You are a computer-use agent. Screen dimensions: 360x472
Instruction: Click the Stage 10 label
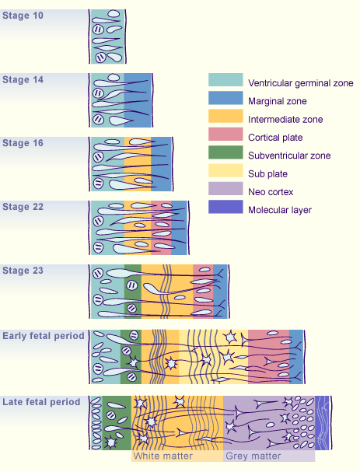click(x=23, y=16)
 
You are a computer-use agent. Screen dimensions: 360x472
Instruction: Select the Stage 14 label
click(x=23, y=79)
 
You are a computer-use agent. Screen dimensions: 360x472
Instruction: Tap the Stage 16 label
click(x=23, y=143)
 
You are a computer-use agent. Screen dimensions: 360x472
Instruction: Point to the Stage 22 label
click(x=23, y=207)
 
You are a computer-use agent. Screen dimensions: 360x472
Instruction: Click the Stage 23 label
click(x=23, y=271)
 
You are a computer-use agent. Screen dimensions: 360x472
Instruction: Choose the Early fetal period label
click(x=44, y=336)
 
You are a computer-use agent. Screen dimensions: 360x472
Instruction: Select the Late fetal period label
click(x=41, y=402)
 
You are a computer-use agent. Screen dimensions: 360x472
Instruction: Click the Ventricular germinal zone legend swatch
click(x=225, y=80)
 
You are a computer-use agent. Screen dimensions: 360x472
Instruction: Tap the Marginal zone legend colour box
click(x=225, y=98)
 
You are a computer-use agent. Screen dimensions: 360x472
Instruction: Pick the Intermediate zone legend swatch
click(x=225, y=116)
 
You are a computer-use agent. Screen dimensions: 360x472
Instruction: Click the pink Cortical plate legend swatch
click(x=225, y=134)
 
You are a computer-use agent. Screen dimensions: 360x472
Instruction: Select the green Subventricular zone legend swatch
click(x=225, y=152)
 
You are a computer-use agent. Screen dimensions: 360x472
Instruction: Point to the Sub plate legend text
click(x=268, y=174)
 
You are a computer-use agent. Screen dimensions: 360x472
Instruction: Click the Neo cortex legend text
click(x=271, y=192)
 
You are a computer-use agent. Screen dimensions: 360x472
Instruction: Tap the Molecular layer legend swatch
click(x=225, y=207)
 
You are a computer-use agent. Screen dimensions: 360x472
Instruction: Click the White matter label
click(x=163, y=456)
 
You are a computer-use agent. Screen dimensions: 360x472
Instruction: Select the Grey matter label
click(x=253, y=456)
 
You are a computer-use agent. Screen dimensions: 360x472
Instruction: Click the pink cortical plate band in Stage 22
click(x=161, y=228)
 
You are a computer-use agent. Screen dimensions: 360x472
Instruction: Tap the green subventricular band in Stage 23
click(x=133, y=292)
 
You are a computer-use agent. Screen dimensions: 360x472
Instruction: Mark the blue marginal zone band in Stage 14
click(x=138, y=100)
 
